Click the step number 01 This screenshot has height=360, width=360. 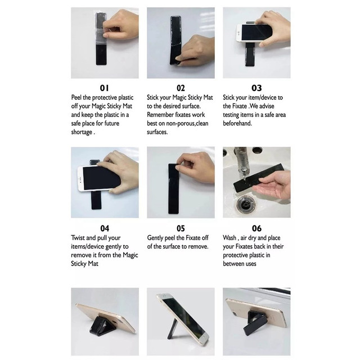tap(104, 88)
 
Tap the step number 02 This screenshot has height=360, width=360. tap(181, 88)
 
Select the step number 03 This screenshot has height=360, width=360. tap(256, 88)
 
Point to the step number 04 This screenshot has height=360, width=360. tap(105, 228)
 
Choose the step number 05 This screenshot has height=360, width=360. tap(181, 228)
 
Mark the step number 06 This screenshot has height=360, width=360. tap(256, 228)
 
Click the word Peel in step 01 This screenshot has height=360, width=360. tap(76, 97)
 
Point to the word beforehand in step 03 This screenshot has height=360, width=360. tap(237, 123)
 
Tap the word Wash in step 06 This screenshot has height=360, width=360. tap(229, 238)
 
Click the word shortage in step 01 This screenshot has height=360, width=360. tap(82, 132)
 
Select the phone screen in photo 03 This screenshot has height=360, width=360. tap(256, 33)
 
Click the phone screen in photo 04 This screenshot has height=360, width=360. tap(102, 178)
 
